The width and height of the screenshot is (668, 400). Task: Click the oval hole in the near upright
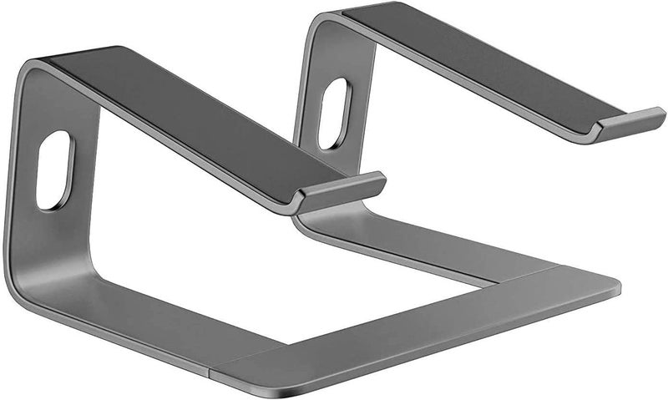[x=55, y=170]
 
